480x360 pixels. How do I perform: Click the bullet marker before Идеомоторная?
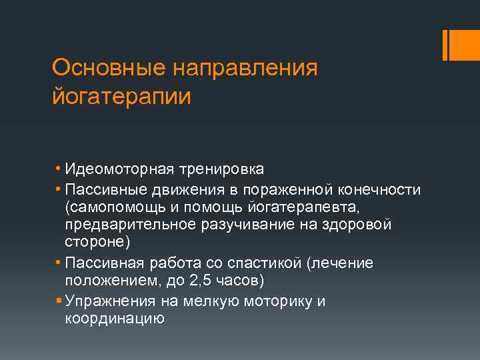[x=58, y=170]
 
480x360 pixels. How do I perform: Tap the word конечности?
[x=379, y=190]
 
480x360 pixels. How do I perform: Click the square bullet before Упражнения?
[x=58, y=301]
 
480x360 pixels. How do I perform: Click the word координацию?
[x=115, y=319]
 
